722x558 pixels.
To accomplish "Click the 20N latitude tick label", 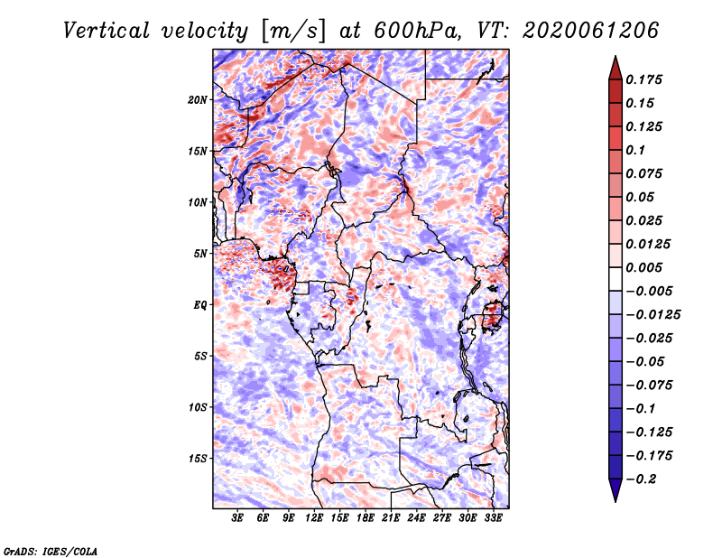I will point(198,99).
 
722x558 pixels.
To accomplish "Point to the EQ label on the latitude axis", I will point(199,305).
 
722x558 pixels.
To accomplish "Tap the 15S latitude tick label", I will point(198,459).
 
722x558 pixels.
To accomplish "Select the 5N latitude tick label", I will point(199,254).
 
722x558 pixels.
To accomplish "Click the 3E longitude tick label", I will point(238,519).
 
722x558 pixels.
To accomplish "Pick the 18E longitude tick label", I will point(366,519).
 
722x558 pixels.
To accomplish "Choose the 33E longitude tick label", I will point(493,519).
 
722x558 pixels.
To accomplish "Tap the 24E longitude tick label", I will point(416,519).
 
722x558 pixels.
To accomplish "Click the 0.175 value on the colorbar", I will point(647,80).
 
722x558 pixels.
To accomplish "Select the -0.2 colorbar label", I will point(642,479).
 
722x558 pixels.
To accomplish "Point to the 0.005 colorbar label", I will point(647,268).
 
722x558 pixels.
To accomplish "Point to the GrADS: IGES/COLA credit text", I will point(51,550).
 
